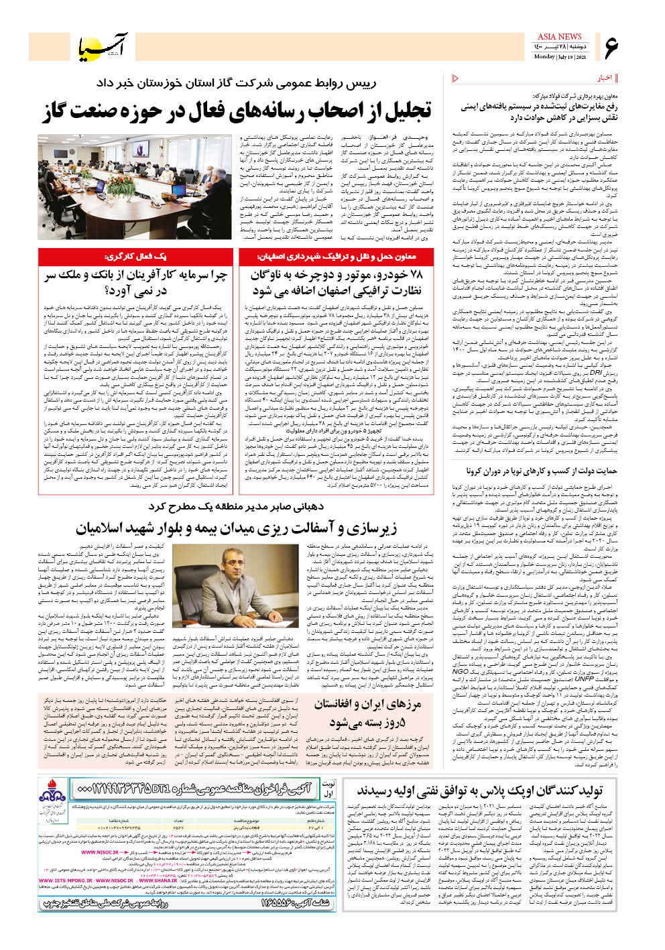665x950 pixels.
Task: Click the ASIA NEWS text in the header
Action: click(560, 37)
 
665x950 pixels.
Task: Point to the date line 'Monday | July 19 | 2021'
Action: click(560, 57)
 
